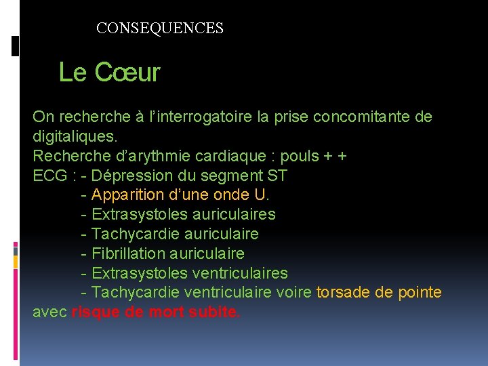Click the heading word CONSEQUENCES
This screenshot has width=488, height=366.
tap(160, 28)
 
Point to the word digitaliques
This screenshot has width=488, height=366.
tap(70, 136)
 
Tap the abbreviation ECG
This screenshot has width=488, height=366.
tap(49, 176)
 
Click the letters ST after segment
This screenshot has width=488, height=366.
tap(278, 176)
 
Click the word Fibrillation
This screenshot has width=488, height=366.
tap(129, 253)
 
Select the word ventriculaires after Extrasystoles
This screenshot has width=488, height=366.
tap(240, 273)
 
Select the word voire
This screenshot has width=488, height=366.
tap(294, 293)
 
